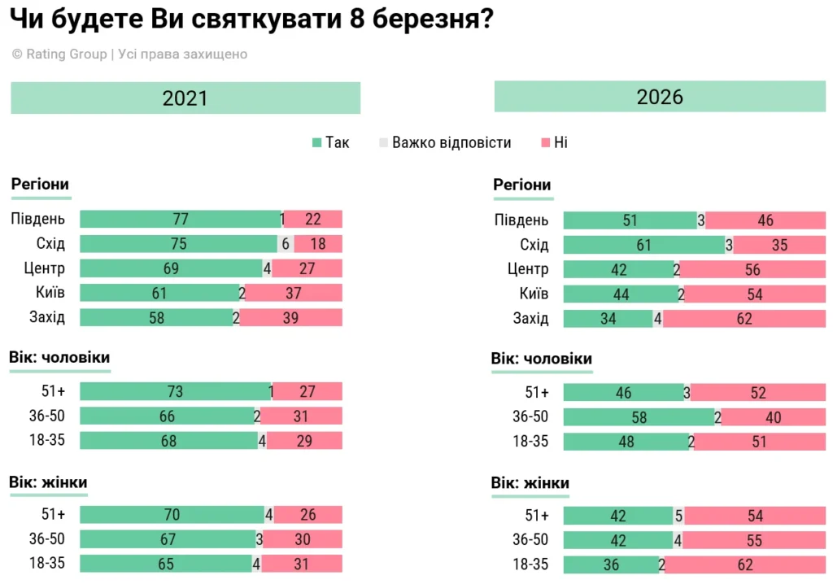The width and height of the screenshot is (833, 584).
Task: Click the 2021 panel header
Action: click(185, 98)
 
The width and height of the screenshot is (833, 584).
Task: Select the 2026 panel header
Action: click(660, 97)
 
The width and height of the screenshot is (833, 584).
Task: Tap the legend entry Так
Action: click(331, 142)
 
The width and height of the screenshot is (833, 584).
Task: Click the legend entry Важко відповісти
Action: click(445, 142)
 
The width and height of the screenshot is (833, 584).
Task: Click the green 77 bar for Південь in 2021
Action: click(180, 220)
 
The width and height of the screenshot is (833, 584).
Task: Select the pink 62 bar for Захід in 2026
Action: click(744, 319)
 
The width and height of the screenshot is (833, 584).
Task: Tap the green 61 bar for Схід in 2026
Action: click(643, 245)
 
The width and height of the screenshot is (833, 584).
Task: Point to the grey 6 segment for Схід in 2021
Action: click(286, 244)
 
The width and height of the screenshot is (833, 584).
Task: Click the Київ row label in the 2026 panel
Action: click(534, 294)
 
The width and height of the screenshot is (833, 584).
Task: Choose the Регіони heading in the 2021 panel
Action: click(40, 184)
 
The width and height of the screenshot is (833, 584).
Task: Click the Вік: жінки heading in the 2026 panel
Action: click(530, 483)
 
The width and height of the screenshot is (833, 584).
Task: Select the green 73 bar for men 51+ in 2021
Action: click(175, 392)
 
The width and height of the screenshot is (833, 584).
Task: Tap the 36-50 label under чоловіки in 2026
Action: click(530, 417)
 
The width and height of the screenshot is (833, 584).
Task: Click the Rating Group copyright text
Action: click(129, 54)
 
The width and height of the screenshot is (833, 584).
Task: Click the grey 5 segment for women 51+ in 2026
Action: click(678, 516)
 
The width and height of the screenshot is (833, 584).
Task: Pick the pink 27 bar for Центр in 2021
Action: click(307, 268)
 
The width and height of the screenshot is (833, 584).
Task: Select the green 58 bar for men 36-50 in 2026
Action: click(639, 417)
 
